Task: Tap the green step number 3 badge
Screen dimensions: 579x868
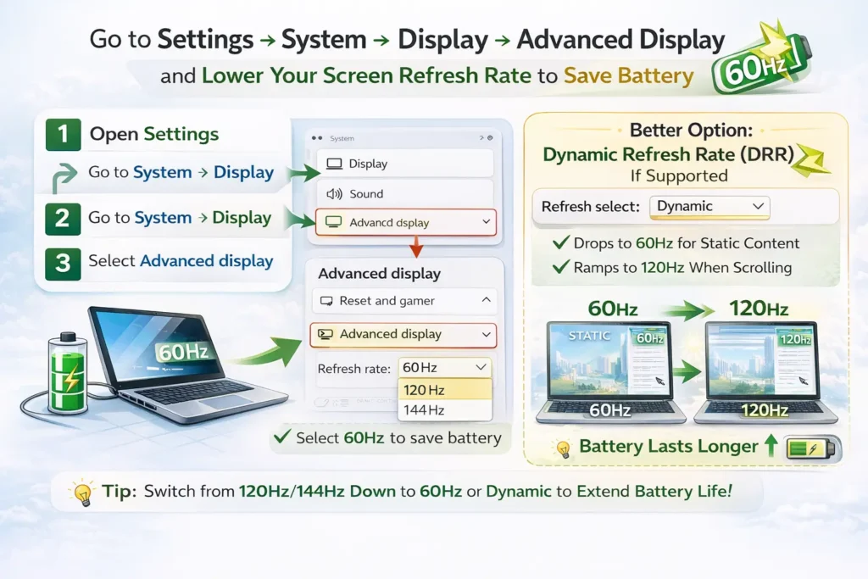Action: pos(61,262)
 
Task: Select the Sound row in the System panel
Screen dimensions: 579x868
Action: pos(404,193)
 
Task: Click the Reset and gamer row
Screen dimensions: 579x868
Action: pos(404,301)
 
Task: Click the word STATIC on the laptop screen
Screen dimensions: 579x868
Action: pos(590,336)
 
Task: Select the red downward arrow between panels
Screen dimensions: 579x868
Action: pos(416,246)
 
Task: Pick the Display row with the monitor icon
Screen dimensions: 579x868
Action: pos(404,164)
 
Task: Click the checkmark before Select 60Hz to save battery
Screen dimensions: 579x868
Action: pos(281,438)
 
